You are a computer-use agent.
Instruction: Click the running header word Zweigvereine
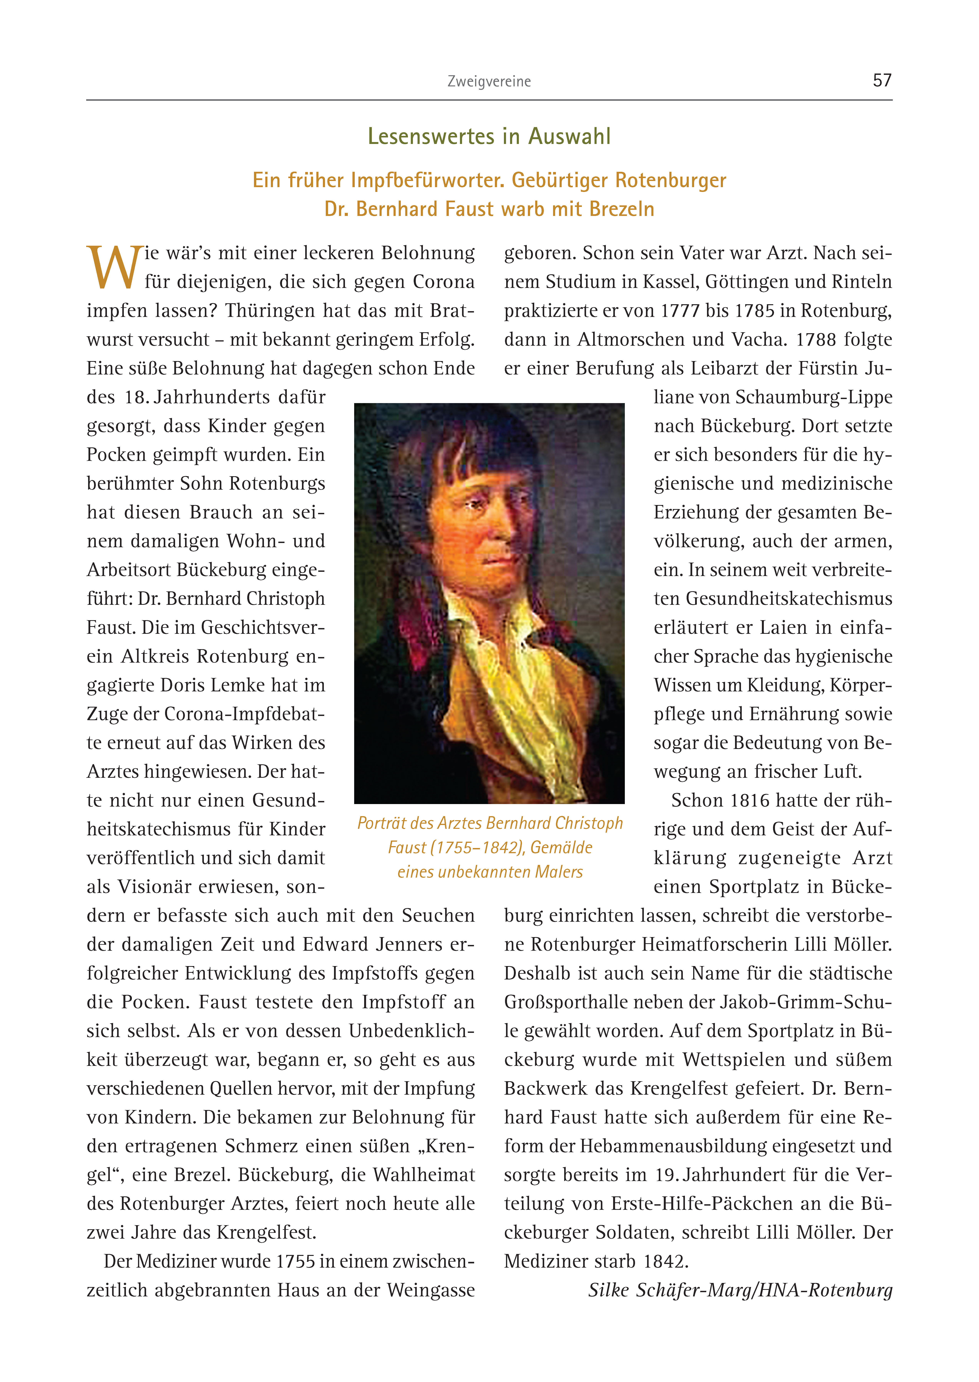click(489, 81)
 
